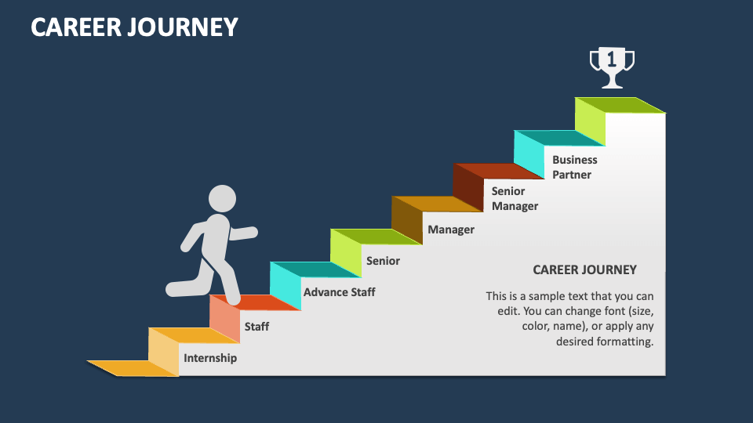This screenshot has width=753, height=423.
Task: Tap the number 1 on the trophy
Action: [612, 59]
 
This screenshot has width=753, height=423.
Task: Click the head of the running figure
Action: [222, 199]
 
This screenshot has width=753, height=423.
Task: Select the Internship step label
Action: [210, 358]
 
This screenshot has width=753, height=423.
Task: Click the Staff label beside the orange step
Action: [256, 326]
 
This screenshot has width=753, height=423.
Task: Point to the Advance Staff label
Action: [339, 292]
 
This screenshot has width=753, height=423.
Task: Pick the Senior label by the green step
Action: [383, 261]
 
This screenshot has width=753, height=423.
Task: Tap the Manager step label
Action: [451, 230]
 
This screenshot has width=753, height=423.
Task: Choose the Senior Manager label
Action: [515, 198]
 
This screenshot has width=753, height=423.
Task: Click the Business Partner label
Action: [575, 167]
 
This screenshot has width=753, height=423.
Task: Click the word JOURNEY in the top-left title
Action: [187, 28]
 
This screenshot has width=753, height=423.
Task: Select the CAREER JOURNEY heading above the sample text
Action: [584, 269]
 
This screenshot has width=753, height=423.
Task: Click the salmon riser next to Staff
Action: [224, 320]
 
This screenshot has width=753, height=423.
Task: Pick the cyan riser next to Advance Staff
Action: [286, 286]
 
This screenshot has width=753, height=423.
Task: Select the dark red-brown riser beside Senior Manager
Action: [468, 188]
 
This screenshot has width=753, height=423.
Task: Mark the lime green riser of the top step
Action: [590, 121]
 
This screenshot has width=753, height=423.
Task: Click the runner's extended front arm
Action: [243, 233]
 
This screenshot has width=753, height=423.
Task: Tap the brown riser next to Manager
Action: [407, 220]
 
